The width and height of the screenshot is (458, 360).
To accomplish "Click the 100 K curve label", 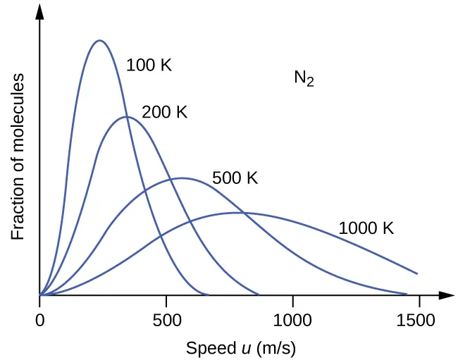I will point(149,66).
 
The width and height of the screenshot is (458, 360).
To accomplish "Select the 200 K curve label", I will point(164,112).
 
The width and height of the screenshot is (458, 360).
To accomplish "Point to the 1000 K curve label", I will point(366,228).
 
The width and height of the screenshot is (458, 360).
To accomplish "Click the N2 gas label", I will point(304,78).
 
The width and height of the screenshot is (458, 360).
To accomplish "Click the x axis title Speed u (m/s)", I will point(230,348).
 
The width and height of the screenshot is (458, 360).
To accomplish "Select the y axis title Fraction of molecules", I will point(18,156).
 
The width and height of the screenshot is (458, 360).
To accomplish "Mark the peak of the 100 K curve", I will point(99,40).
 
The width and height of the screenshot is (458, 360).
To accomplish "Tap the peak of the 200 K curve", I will point(126,116).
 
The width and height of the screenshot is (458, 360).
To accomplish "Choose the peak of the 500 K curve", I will point(182,178).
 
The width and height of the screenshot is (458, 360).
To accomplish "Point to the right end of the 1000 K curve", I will point(417,273).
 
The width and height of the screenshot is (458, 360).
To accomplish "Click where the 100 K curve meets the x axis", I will point(209,294).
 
